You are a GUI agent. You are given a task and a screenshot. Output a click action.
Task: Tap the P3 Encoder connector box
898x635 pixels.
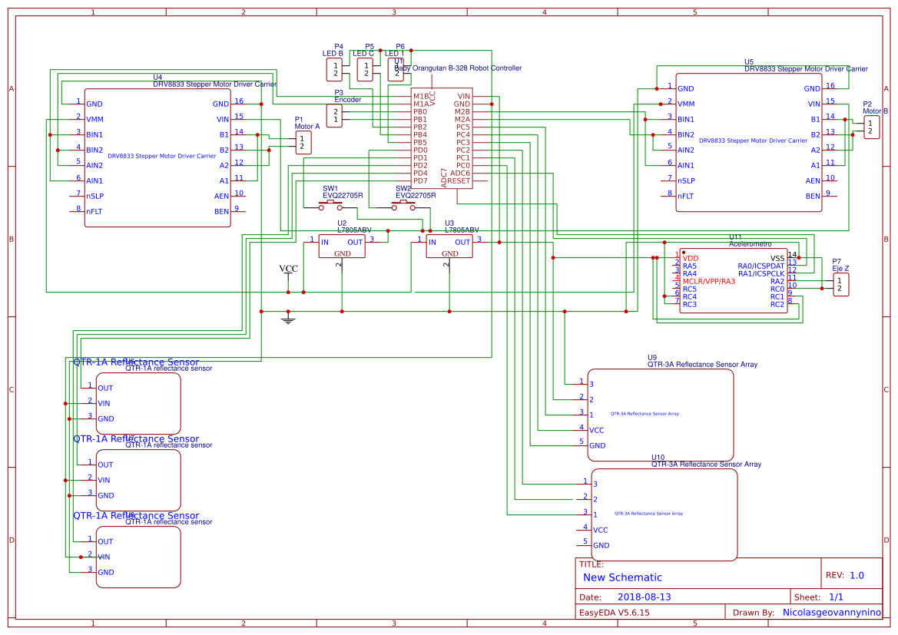(x=334, y=116)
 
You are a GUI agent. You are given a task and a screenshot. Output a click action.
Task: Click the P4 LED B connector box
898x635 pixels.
(x=336, y=70)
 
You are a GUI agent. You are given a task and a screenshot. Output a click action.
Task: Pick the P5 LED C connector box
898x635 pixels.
(x=366, y=70)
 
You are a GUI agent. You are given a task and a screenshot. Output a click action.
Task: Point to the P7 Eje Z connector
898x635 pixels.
(x=841, y=284)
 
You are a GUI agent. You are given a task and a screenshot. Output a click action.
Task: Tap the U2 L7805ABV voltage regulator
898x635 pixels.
(x=342, y=246)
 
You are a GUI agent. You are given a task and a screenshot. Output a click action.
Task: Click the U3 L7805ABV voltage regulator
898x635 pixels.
(x=449, y=246)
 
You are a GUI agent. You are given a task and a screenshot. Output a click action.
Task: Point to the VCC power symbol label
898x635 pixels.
(x=289, y=269)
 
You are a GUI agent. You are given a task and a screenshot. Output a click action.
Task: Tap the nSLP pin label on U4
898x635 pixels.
(x=95, y=196)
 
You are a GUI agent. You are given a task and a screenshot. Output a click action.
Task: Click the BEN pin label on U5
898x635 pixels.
(x=813, y=196)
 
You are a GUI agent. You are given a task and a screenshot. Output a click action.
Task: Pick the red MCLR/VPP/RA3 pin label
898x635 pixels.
(x=708, y=281)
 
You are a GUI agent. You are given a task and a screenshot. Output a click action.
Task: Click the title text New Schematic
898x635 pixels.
(x=622, y=577)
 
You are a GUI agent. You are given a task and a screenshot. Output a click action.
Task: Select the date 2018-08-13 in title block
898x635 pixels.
(x=645, y=597)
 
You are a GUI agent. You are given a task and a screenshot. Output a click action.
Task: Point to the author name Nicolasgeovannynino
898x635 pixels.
(x=832, y=613)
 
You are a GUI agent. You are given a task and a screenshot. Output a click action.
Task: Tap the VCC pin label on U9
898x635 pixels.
(x=598, y=430)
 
